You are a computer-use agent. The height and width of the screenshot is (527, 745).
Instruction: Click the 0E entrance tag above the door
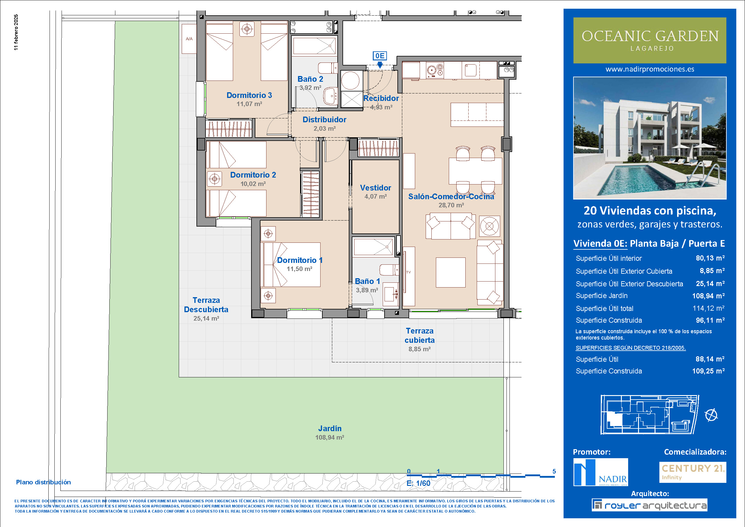pyautogui.click(x=380, y=56)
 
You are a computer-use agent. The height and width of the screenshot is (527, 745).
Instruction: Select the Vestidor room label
pyautogui.click(x=376, y=187)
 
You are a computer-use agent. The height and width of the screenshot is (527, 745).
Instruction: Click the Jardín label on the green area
pyautogui.click(x=330, y=428)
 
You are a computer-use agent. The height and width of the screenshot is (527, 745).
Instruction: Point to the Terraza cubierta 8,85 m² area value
pyautogui.click(x=419, y=349)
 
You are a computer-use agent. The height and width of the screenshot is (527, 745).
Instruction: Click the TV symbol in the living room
pyautogui.click(x=409, y=272)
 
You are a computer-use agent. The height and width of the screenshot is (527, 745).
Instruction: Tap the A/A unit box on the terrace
pyautogui.click(x=189, y=39)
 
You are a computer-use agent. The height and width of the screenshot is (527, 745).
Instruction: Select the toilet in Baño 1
pyautogui.click(x=389, y=270)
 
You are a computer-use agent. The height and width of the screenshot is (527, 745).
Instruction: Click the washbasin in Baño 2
pyautogui.click(x=331, y=96)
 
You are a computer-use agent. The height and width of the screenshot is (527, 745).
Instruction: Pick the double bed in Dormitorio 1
pyautogui.click(x=292, y=264)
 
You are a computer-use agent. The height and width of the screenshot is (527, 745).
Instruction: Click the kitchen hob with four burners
pyautogui.click(x=435, y=70)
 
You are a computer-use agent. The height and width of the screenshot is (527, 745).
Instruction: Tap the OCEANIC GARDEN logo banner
pyautogui.click(x=649, y=40)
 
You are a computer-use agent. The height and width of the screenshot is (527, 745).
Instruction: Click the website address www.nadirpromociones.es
pyautogui.click(x=649, y=69)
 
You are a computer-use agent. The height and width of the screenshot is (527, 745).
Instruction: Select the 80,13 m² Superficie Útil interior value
pyautogui.click(x=710, y=258)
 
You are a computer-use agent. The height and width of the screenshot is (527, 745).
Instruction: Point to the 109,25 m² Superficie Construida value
pyautogui.click(x=708, y=371)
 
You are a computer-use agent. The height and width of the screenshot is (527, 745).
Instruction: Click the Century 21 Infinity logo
pyautogui.click(x=693, y=472)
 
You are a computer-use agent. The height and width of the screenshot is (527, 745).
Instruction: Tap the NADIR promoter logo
pyautogui.click(x=601, y=472)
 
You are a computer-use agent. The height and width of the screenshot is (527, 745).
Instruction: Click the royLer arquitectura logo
pyautogui.click(x=649, y=505)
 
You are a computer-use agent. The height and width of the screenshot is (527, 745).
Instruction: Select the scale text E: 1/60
pyautogui.click(x=418, y=483)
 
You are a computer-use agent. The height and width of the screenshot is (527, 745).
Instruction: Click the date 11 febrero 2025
pyautogui.click(x=16, y=32)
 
